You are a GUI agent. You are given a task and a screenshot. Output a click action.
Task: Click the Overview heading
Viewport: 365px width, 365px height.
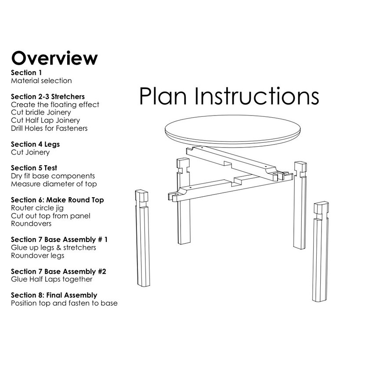pyautogui.click(x=54, y=58)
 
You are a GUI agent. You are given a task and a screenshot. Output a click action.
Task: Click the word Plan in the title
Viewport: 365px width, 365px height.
pyautogui.click(x=164, y=96)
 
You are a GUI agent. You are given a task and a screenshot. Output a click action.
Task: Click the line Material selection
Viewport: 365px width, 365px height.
pyautogui.click(x=41, y=81)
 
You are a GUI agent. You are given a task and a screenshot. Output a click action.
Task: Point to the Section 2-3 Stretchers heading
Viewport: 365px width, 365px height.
pyautogui.click(x=48, y=96)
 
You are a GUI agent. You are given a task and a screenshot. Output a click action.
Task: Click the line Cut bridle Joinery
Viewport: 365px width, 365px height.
pyautogui.click(x=41, y=112)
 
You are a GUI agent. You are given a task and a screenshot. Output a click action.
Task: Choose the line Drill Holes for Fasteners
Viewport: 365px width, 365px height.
pyautogui.click(x=49, y=128)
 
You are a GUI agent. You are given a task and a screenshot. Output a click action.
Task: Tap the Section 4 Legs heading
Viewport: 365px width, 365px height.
pyautogui.click(x=35, y=144)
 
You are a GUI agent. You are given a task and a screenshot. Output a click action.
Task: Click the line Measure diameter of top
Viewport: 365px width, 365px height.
pyautogui.click(x=54, y=184)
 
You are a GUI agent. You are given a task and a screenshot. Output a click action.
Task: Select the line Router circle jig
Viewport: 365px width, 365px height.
pyautogui.click(x=38, y=208)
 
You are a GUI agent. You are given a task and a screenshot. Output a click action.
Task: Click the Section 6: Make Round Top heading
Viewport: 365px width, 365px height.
pyautogui.click(x=57, y=200)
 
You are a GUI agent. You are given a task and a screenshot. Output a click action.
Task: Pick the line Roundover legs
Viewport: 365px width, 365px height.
pyautogui.click(x=37, y=256)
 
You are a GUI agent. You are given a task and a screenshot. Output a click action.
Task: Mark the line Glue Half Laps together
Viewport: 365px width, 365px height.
pyautogui.click(x=51, y=279)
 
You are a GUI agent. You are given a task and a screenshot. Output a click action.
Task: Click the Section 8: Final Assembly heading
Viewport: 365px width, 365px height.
pyautogui.click(x=54, y=295)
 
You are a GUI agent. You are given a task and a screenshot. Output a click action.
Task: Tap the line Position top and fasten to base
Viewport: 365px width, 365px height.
pyautogui.click(x=64, y=304)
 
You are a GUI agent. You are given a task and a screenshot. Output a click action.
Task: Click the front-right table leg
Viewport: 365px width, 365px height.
pyautogui.click(x=322, y=255)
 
